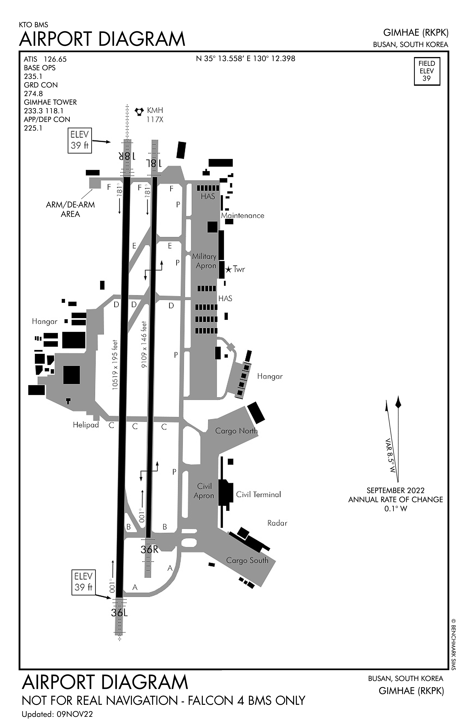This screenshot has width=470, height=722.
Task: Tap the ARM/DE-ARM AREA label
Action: click(x=70, y=209)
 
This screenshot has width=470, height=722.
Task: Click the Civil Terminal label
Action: click(x=258, y=494)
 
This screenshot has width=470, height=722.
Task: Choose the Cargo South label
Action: click(x=247, y=560)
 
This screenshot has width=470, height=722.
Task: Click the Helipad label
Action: click(x=86, y=425)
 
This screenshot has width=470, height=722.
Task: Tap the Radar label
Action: click(x=277, y=523)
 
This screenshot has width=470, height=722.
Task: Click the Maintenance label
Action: click(x=242, y=215)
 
